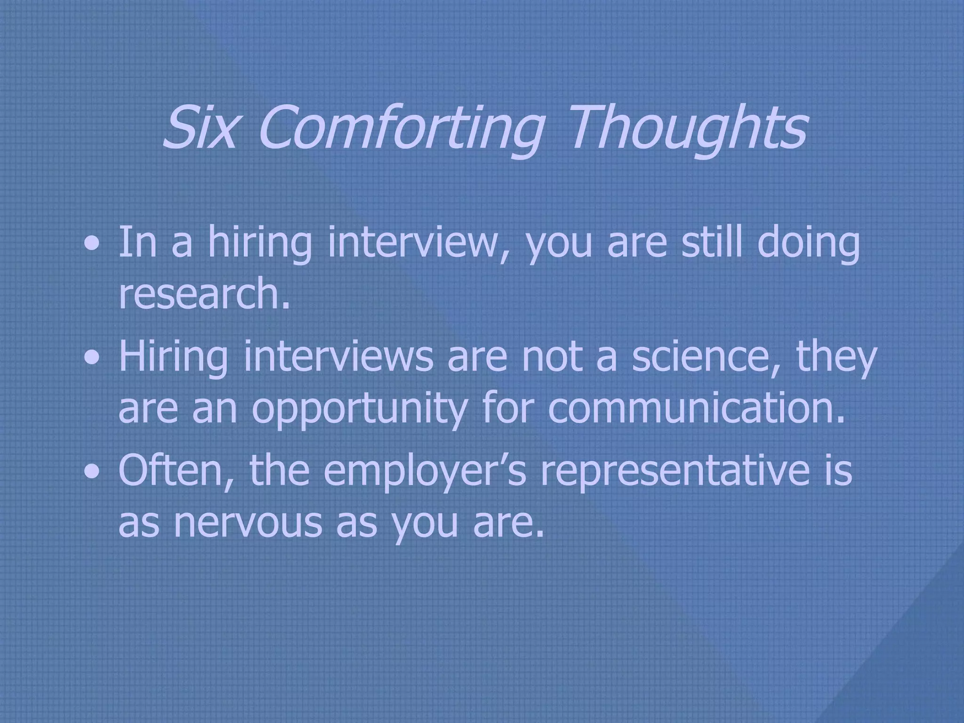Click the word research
pos(203,293)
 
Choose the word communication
pos(697,408)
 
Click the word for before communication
pos(508,408)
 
